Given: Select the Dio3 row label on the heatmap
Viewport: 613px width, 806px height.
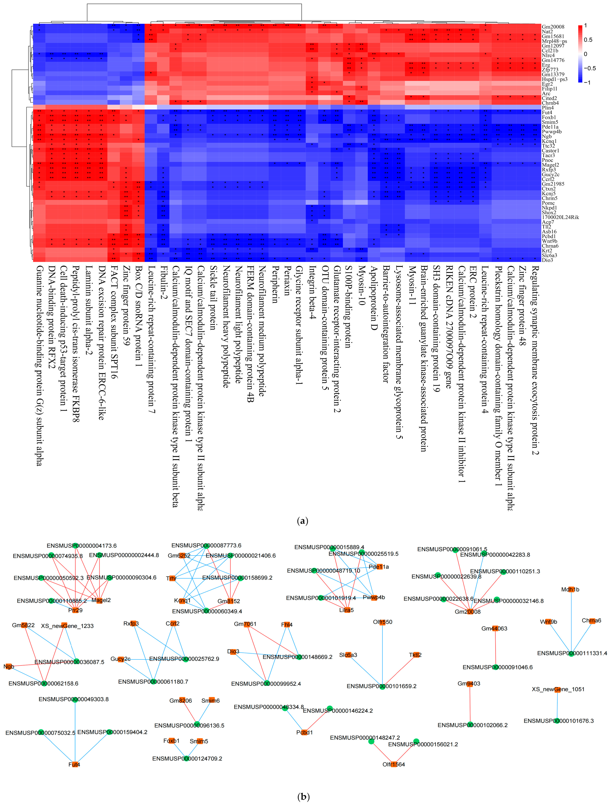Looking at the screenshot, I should click(547, 260).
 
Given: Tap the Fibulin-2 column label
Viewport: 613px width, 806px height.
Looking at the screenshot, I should click(164, 288).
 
